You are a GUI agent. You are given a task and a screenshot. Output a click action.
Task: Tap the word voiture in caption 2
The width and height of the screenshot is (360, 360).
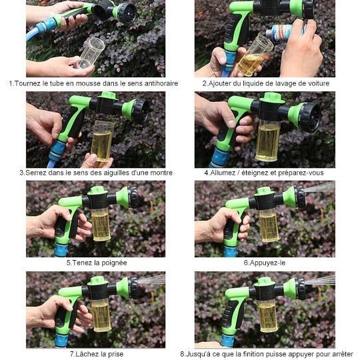click(x=319, y=83)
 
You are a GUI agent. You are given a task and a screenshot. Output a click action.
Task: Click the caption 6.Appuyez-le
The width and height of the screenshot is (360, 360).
click(x=265, y=263)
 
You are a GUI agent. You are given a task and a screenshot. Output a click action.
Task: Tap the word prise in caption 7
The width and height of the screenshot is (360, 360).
click(x=115, y=354)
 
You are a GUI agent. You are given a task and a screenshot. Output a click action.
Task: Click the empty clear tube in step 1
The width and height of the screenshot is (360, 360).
click(x=91, y=53)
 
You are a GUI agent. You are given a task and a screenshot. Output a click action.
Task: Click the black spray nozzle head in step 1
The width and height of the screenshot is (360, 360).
click(x=127, y=13)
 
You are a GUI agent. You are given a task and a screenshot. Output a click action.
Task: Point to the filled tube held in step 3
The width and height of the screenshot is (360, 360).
click(x=102, y=141)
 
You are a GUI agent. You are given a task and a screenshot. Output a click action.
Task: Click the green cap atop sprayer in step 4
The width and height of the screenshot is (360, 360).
click(x=271, y=97)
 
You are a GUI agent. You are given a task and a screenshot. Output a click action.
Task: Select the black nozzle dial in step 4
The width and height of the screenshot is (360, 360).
click(x=311, y=117)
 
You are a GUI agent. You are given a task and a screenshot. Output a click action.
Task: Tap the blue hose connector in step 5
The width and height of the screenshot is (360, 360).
click(x=61, y=250)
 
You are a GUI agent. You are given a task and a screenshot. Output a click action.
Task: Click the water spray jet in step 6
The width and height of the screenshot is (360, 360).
click(x=319, y=187)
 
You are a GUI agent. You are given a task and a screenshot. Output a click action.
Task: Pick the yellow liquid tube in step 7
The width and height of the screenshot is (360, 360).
click(x=101, y=315)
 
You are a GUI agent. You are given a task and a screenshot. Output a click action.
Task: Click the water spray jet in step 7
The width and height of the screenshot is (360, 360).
click(x=151, y=279)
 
